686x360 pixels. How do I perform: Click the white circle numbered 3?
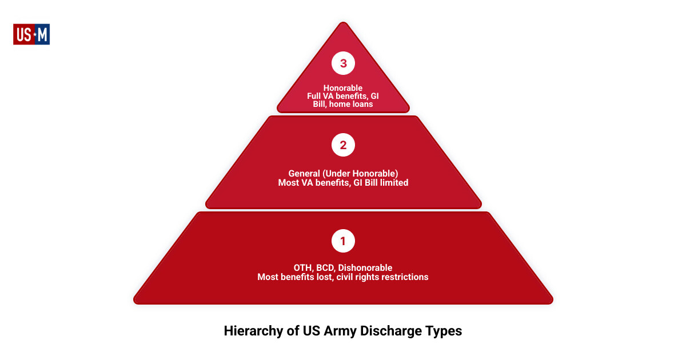[343, 63]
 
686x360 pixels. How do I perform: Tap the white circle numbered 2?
[343, 145]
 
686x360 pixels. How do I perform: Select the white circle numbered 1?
[343, 241]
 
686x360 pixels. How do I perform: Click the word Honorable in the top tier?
[343, 88]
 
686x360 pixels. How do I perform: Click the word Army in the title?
[341, 331]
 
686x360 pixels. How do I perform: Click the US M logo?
[31, 34]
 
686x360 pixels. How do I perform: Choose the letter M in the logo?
[42, 35]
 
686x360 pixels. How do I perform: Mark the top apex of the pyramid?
[343, 23]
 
